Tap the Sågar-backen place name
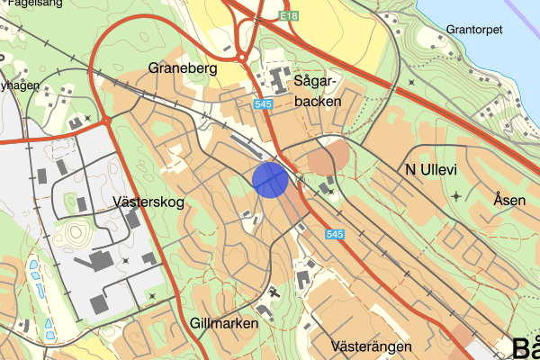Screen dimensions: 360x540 317,91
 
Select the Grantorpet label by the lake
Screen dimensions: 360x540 477,30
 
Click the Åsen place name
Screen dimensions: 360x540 509,200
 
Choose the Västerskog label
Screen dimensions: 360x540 149,202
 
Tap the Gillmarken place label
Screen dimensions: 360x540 224,322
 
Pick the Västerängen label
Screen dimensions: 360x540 372,346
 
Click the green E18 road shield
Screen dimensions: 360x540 288,16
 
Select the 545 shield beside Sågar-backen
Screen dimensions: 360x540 264,104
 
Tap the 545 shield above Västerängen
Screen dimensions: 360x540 334,234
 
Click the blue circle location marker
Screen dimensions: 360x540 270,179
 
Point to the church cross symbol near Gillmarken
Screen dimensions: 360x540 274,292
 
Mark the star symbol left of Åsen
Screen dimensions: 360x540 456,195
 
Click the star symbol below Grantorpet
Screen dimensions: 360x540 412,82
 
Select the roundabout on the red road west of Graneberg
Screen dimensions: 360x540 106,119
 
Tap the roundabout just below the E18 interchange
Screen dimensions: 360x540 243,58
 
